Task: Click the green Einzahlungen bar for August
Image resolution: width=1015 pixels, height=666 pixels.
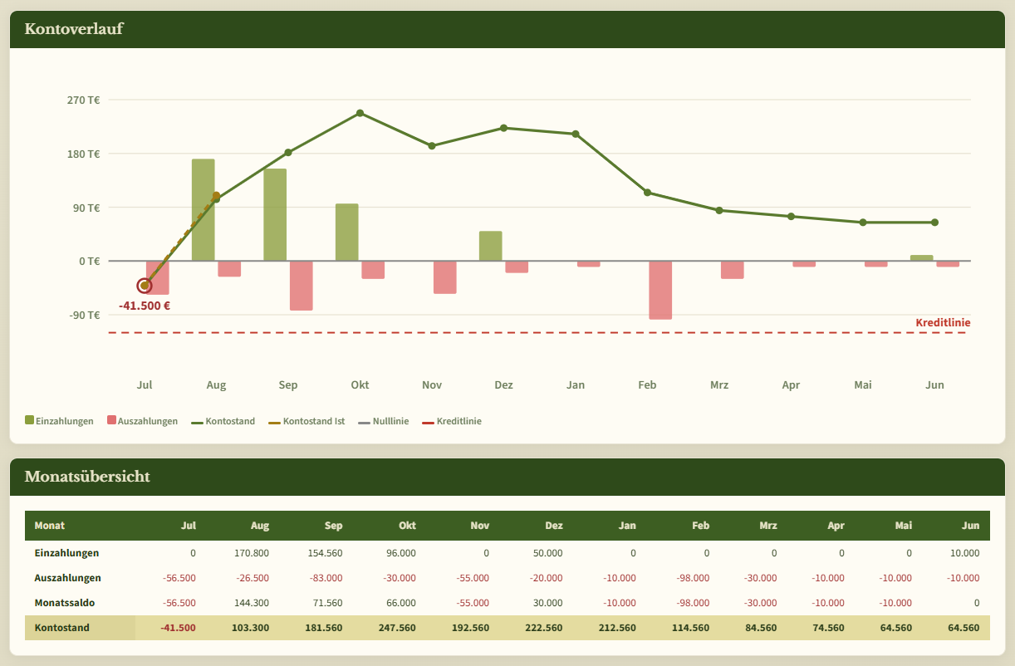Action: (x=203, y=210)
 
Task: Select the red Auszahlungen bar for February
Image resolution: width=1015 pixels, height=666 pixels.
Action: (x=660, y=291)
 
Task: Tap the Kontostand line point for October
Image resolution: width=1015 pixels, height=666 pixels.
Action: (x=360, y=113)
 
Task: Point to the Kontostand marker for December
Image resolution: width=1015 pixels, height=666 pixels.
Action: (x=503, y=128)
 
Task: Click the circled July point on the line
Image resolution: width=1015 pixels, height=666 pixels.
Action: (x=144, y=286)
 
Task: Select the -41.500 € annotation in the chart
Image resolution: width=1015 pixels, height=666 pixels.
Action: (x=144, y=306)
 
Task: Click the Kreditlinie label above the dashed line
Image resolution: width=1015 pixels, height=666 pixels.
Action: (x=943, y=322)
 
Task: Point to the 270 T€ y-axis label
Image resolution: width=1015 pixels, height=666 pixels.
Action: (x=83, y=100)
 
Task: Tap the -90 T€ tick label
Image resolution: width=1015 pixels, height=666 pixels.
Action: (x=84, y=315)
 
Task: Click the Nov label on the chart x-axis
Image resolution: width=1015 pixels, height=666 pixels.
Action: (x=431, y=384)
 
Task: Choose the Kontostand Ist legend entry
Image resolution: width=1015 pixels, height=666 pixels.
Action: (x=306, y=421)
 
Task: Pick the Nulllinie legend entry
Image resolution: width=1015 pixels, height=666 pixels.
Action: (x=384, y=421)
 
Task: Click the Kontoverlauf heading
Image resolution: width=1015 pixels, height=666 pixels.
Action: (x=74, y=28)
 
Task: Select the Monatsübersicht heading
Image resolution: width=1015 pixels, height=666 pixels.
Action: (x=87, y=477)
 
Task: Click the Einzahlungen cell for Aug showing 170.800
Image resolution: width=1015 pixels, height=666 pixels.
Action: (x=252, y=553)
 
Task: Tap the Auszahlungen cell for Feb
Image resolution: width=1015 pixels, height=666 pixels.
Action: (x=693, y=578)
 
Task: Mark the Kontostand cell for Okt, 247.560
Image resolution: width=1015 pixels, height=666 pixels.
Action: (x=397, y=628)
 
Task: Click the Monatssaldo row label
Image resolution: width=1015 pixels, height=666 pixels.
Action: (x=64, y=603)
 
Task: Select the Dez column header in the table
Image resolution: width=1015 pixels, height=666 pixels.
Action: (x=554, y=526)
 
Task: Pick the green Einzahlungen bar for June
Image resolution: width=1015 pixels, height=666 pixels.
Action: (x=922, y=258)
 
